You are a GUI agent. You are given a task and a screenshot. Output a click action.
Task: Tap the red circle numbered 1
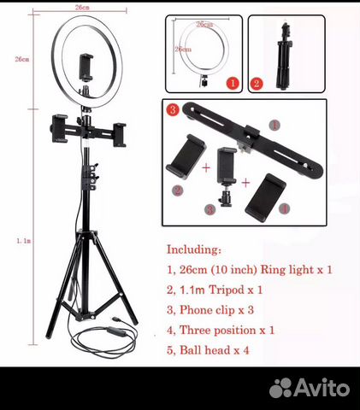pyautogui.click(x=233, y=84)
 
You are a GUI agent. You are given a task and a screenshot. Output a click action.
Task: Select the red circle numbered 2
pyautogui.click(x=257, y=84)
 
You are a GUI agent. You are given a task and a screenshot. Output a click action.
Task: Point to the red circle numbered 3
pyautogui.click(x=173, y=110)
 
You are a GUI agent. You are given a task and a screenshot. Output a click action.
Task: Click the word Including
pyautogui.click(x=193, y=249)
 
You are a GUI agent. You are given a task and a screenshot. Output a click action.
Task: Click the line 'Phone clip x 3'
pyautogui.click(x=216, y=310)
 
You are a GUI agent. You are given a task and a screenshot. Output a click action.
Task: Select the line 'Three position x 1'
pyautogui.click(x=227, y=331)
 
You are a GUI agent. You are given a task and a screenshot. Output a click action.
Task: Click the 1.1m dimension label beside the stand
pyautogui.click(x=23, y=241)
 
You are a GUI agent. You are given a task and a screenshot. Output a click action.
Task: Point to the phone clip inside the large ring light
pyautogui.click(x=86, y=67)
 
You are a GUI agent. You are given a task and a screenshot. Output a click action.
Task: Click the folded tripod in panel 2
pyautogui.click(x=285, y=56)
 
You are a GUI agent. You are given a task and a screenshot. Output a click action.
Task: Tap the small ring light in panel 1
pyautogui.click(x=204, y=50)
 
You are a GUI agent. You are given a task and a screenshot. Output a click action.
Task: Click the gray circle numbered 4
pyautogui.click(x=285, y=209)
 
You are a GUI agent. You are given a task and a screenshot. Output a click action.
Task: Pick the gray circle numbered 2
pyautogui.click(x=178, y=190)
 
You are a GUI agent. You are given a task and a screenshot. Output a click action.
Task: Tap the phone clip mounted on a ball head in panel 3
pyautogui.click(x=227, y=177)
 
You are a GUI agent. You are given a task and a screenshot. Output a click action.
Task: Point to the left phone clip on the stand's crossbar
pyautogui.click(x=59, y=128)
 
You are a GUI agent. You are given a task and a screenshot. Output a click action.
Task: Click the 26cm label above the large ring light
pyautogui.click(x=82, y=8)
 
